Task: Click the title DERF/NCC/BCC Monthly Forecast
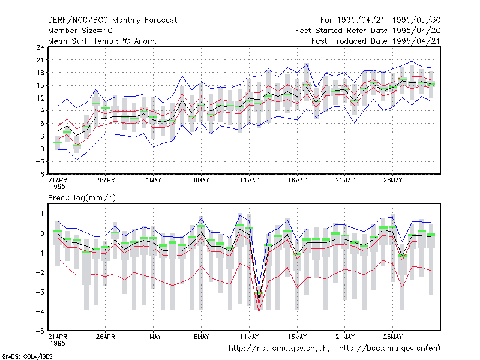112,20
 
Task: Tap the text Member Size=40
80,31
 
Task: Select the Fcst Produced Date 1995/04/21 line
376,41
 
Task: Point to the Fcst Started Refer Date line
368,31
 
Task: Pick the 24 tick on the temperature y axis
40,47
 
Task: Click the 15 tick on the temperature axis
40,85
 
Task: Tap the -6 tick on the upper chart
40,175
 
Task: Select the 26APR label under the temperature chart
106,180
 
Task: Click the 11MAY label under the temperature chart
249,180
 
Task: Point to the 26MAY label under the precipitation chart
393,337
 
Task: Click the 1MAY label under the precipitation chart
154,337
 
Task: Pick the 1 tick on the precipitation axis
42,214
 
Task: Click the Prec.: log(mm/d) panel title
82,198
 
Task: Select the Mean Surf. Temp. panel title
103,41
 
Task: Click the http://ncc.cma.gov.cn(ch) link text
279,349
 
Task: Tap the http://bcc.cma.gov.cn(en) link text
389,349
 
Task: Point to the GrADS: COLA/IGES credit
27,356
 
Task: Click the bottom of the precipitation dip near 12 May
259,311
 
